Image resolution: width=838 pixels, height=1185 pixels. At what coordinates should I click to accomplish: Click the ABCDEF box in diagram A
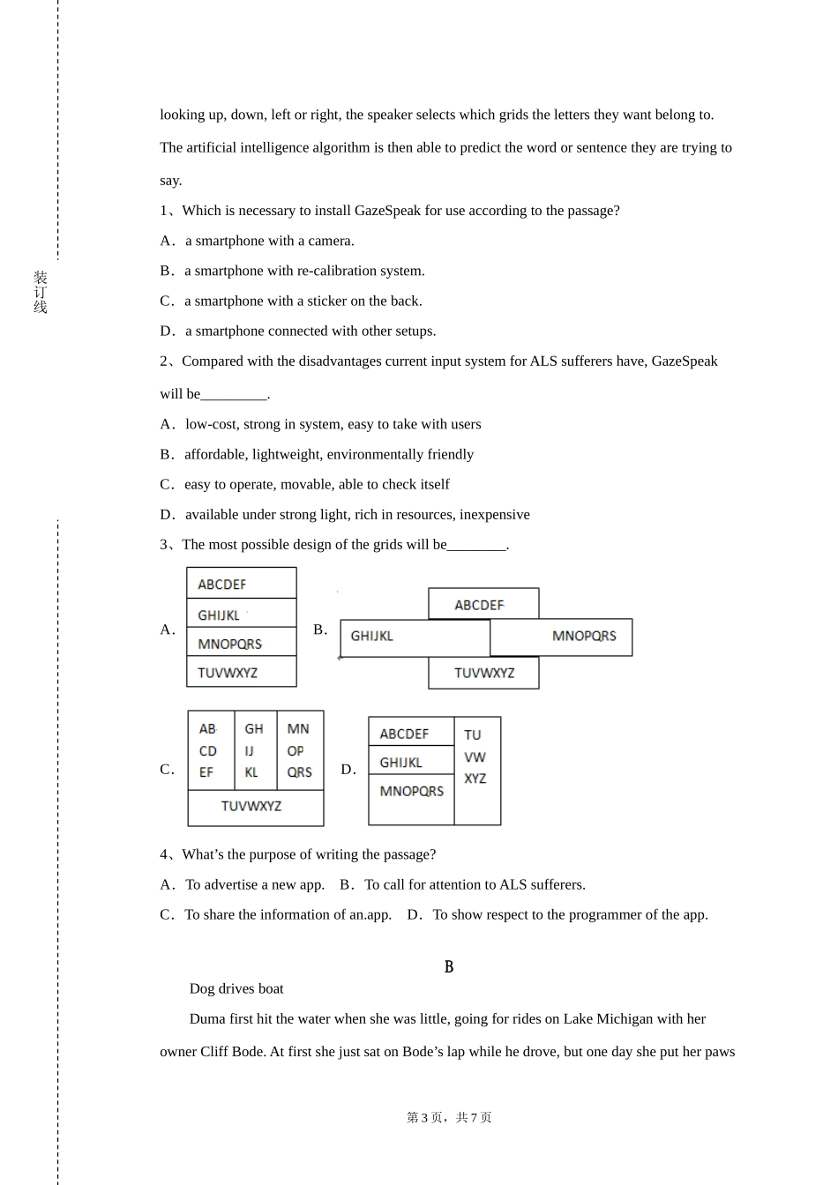tap(241, 584)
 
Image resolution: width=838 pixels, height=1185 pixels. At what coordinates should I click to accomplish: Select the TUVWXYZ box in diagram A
tap(241, 672)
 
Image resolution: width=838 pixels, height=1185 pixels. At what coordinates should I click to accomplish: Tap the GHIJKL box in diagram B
tap(415, 637)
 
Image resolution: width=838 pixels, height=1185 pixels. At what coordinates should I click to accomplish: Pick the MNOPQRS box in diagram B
tap(562, 637)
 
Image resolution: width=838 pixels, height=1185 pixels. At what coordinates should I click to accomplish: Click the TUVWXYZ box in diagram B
tap(483, 673)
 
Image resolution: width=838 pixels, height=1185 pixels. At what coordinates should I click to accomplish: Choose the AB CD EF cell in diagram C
tap(210, 750)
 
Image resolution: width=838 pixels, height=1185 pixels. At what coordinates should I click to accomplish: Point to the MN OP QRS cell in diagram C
tap(300, 750)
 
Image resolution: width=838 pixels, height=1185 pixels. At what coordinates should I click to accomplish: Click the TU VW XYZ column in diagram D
tap(477, 770)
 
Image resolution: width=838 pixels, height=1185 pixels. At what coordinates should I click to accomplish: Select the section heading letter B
tap(448, 967)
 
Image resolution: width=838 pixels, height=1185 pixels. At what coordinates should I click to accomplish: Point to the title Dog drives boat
tap(236, 989)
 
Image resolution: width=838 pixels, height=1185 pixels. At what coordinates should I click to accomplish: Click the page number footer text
tap(448, 1117)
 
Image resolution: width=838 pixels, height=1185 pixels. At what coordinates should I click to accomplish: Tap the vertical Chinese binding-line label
tap(41, 293)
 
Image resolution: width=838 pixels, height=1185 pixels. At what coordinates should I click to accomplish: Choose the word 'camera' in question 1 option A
tap(330, 241)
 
